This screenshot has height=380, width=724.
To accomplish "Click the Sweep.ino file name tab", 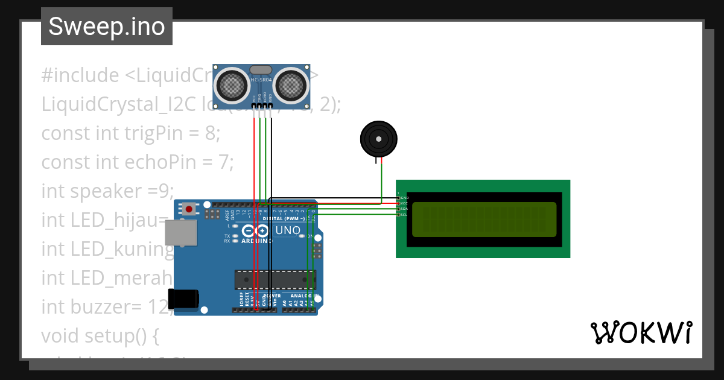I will point(107,27).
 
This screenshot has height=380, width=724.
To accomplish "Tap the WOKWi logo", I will point(641,332).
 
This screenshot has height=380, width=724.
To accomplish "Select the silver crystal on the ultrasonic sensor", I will point(261,70).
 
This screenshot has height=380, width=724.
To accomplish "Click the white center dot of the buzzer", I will point(378,139).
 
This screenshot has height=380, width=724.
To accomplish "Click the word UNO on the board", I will point(288,230).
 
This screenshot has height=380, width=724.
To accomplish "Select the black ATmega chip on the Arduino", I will point(275,279).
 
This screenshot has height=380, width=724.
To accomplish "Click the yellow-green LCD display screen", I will point(484,219).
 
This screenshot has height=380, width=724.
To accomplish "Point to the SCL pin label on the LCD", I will point(404,215).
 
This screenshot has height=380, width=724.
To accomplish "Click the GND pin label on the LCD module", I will point(404,198).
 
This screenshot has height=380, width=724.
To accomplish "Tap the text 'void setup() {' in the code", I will point(100,335).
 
